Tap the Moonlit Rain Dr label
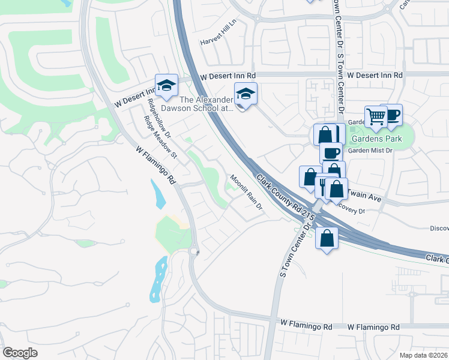point(246,193)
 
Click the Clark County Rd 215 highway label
point(282,193)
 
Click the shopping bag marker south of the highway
point(326,238)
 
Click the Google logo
point(20,353)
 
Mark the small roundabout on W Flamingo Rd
point(193,252)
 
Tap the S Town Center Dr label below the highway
point(293,251)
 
